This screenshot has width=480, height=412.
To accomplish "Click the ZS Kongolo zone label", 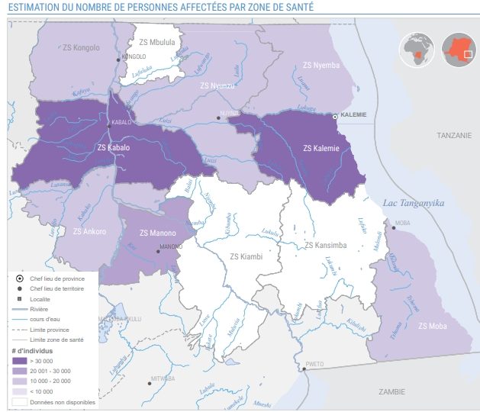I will coord(79,48).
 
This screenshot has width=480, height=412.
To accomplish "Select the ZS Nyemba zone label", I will coord(321,65).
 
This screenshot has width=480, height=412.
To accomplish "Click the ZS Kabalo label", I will coord(114,147).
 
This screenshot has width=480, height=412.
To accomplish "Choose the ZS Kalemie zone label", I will coord(321,148).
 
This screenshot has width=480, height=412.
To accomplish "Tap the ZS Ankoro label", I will coord(89,231).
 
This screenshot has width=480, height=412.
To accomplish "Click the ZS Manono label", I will coord(157,233).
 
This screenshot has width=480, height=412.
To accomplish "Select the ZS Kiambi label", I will coord(246,256).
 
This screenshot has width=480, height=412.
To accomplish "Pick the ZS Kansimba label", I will coord(326,245).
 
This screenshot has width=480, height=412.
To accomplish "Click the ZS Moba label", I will coord(433,326).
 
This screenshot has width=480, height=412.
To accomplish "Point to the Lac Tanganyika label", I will coord(413,202).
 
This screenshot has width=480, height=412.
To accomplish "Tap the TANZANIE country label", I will coord(455,135).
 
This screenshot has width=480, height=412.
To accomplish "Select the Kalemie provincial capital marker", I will coord(335,116).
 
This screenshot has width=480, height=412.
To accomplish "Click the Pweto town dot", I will coord(304,369).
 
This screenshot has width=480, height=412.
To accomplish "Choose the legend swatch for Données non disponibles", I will coord(20,401).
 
